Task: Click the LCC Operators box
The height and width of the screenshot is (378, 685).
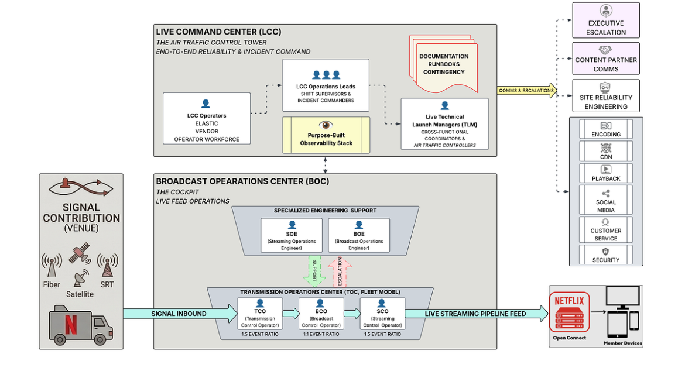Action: (x=205, y=119)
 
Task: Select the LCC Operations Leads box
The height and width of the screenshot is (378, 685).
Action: (x=326, y=85)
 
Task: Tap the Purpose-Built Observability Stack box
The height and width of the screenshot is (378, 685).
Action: (x=326, y=135)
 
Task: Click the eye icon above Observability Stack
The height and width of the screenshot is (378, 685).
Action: (x=326, y=125)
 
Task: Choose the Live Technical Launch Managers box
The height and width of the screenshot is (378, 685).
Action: (x=444, y=124)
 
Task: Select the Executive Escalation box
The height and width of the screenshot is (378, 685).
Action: (x=605, y=20)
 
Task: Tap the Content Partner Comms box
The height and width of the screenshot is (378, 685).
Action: (x=605, y=59)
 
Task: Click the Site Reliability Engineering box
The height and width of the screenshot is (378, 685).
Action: (x=605, y=96)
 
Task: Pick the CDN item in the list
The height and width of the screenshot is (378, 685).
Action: (x=605, y=152)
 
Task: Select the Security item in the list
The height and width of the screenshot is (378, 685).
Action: (x=605, y=255)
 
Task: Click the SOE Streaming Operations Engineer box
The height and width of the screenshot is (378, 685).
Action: (x=292, y=235)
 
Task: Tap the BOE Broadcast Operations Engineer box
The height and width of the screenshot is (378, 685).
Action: (x=358, y=235)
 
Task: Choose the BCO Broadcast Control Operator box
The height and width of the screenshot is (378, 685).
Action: (x=321, y=314)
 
